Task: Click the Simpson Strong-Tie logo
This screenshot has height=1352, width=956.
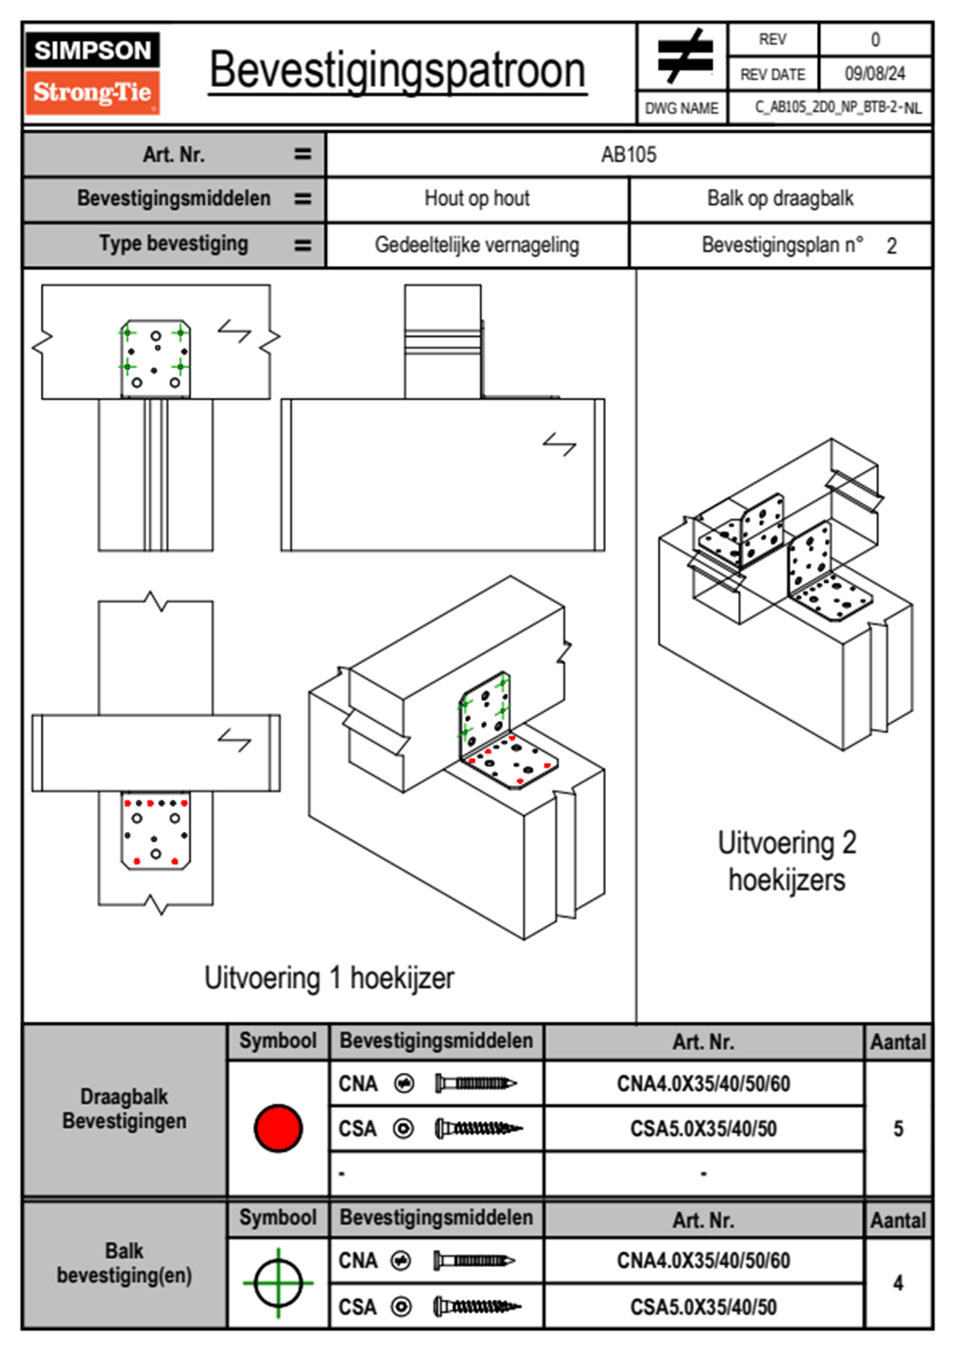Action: [x=92, y=72]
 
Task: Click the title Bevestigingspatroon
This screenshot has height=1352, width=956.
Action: [x=397, y=71]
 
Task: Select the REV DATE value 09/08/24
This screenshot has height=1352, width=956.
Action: [x=874, y=74]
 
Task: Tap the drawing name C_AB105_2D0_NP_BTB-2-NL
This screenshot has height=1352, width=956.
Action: [x=837, y=108]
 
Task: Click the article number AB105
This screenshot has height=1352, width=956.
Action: [x=628, y=154]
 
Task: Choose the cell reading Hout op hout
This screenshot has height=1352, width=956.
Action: [x=476, y=199]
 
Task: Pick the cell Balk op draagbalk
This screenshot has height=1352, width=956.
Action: [x=779, y=199]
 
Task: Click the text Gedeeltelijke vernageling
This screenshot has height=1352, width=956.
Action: [x=476, y=245]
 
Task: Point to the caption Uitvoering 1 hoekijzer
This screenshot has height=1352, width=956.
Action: [x=329, y=978]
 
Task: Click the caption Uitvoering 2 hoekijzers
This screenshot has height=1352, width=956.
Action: [x=786, y=861]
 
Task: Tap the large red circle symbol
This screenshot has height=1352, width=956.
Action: [x=278, y=1128]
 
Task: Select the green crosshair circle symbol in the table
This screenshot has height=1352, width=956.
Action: [x=278, y=1283]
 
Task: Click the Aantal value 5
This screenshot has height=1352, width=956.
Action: [x=898, y=1129]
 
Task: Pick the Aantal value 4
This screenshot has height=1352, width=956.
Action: [x=898, y=1283]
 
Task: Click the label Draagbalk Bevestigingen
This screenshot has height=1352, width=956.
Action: [x=125, y=1108]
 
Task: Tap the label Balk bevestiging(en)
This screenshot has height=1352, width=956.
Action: [x=125, y=1263]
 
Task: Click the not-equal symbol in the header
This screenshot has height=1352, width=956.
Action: [x=684, y=56]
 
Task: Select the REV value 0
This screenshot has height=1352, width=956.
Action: [x=875, y=39]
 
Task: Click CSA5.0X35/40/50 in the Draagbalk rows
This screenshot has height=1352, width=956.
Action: [x=703, y=1129]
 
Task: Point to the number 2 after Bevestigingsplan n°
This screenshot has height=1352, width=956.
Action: [x=891, y=246]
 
